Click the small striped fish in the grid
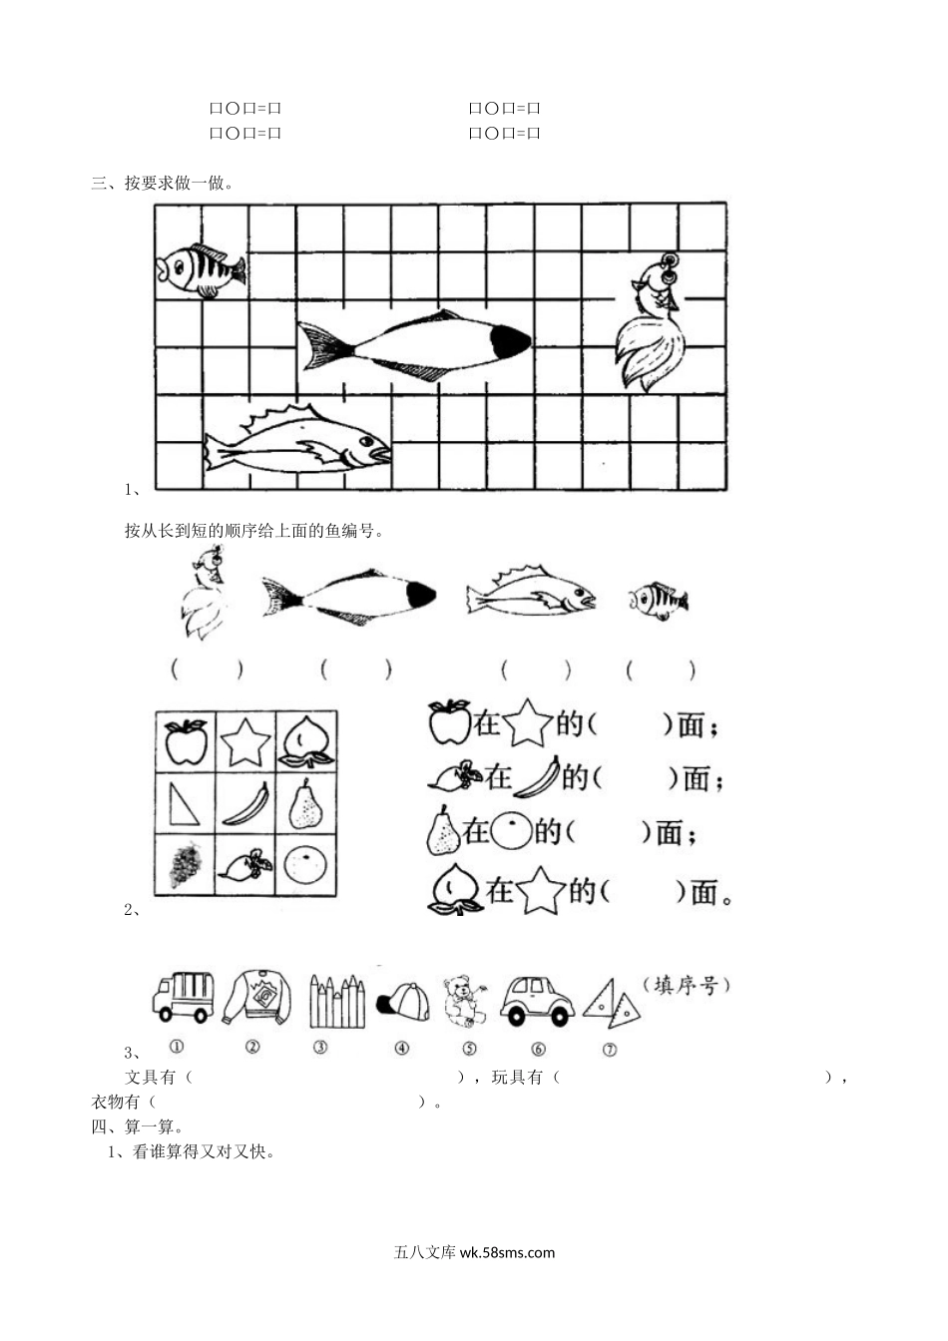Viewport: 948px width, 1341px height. point(200,269)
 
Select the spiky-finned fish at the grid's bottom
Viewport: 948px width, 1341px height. point(296,442)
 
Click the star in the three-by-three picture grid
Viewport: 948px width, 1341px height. point(245,741)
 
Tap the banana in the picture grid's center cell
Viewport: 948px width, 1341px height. point(245,803)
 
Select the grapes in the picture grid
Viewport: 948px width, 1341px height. point(185,864)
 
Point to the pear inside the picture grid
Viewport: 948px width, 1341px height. point(305,803)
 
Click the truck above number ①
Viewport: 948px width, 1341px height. point(184,997)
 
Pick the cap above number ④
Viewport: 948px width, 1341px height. point(402,1001)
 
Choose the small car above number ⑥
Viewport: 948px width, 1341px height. point(537,999)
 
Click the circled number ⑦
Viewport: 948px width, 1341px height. point(610,1049)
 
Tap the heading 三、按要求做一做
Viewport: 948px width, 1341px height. point(162,183)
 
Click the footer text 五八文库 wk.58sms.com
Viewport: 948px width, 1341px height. point(474,1252)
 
